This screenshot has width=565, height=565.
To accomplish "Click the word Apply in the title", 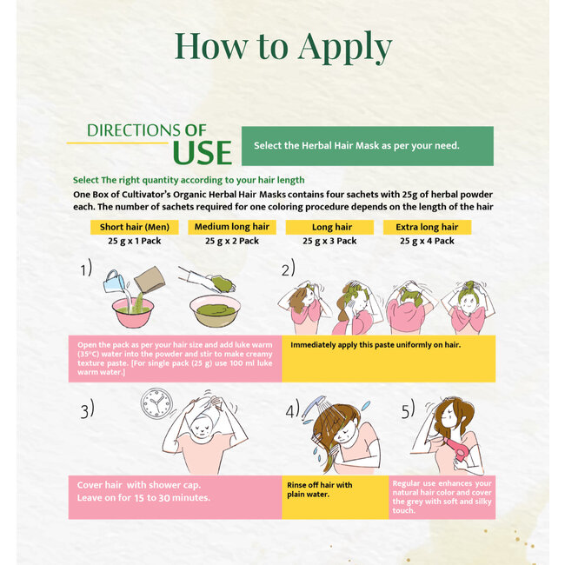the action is [345, 47].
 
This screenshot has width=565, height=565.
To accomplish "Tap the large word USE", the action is [203, 153].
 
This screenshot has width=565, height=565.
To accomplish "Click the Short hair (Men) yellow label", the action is [135, 227].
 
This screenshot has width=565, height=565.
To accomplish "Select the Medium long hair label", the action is [232, 227].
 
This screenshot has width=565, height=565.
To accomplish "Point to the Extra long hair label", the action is [427, 227].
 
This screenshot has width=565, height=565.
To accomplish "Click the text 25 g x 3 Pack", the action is [329, 241].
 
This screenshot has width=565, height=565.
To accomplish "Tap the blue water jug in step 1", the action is [113, 282].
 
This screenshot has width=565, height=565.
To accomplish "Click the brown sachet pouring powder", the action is [150, 279].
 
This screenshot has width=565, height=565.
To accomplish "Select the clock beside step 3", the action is [156, 403].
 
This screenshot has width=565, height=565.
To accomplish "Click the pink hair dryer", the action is [457, 449].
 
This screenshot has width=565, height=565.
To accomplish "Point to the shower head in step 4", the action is [312, 407].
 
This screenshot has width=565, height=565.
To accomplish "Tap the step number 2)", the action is [289, 268].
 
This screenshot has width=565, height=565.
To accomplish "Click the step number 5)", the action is [408, 409].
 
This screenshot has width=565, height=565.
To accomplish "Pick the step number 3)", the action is [87, 409].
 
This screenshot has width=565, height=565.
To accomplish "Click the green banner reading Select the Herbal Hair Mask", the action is [368, 146].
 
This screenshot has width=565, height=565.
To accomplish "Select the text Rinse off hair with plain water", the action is [320, 489].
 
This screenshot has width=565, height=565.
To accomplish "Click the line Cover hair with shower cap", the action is [139, 485].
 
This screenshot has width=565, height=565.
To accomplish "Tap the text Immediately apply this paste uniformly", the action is [376, 345].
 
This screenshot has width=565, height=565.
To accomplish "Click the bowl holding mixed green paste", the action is [215, 310].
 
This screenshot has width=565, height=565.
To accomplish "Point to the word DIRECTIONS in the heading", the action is [134, 130].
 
